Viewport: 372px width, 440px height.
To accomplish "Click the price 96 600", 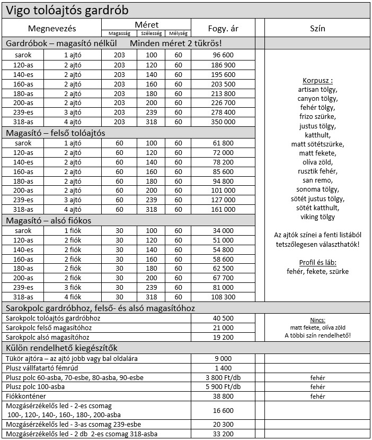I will click(223, 55).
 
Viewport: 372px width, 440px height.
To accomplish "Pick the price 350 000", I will click(223, 122).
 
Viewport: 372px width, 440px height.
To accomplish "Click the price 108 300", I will click(223, 297).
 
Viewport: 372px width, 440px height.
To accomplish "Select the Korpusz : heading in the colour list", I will click(317, 81).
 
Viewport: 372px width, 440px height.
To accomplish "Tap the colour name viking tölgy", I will click(317, 217).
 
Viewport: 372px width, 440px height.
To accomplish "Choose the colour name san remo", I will click(317, 180).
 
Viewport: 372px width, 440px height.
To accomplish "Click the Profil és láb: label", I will click(317, 263).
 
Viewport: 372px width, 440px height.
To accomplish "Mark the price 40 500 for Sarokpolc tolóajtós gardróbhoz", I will click(223, 318).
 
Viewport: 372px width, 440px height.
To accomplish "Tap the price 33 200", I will click(223, 434).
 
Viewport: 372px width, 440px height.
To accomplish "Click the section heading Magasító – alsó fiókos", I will click(52, 220).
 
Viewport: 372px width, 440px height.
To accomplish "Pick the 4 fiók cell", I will click(73, 297).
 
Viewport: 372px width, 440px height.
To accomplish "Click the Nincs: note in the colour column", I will click(317, 320).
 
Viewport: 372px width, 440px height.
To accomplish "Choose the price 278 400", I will click(223, 112).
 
